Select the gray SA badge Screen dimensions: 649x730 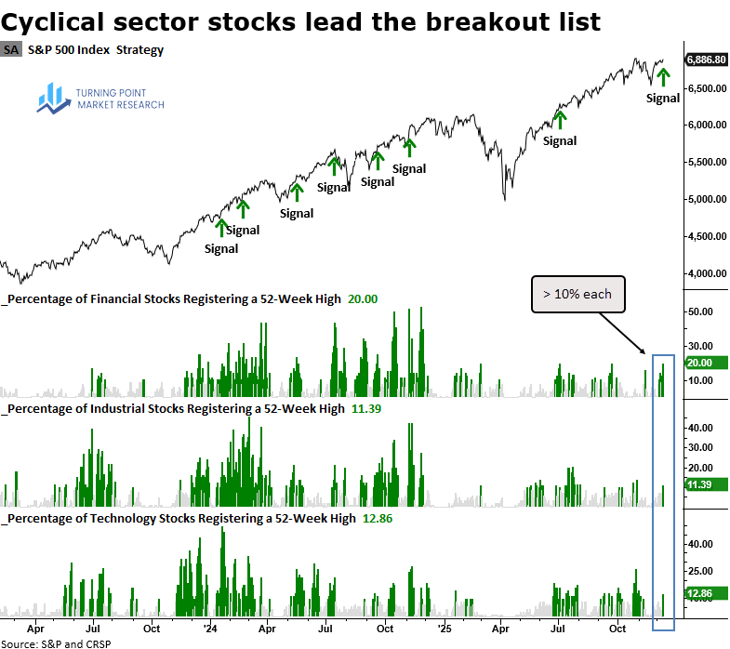pyautogui.click(x=11, y=49)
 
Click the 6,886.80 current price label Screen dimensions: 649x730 pyautogui.click(x=706, y=60)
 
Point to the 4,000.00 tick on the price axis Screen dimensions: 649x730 pyautogui.click(x=707, y=273)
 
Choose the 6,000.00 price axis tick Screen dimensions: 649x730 pyautogui.click(x=707, y=125)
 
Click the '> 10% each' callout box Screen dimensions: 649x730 pyautogui.click(x=577, y=294)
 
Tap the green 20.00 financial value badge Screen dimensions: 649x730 pyautogui.click(x=699, y=363)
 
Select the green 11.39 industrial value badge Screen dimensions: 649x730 pyautogui.click(x=699, y=484)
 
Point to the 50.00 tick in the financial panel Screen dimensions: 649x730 pyautogui.click(x=699, y=312)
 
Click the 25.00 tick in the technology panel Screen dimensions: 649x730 pyautogui.click(x=699, y=571)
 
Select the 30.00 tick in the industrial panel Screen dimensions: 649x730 pyautogui.click(x=699, y=447)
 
